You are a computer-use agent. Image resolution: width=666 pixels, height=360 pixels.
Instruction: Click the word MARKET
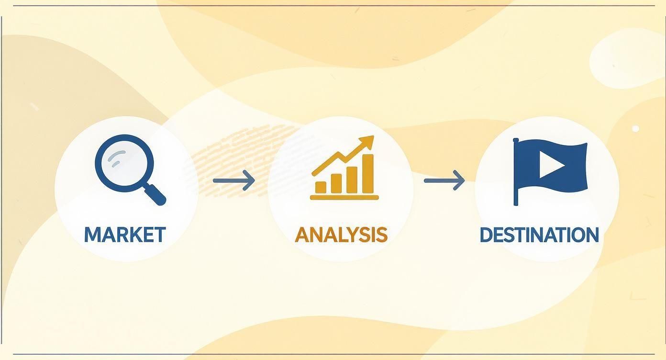pyautogui.click(x=125, y=235)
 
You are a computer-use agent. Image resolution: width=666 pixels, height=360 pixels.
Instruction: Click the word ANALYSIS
pyautogui.click(x=341, y=235)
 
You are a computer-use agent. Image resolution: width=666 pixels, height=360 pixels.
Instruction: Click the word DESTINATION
pyautogui.click(x=539, y=235)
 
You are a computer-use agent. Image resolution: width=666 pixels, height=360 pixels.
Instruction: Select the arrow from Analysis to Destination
pyautogui.click(x=444, y=180)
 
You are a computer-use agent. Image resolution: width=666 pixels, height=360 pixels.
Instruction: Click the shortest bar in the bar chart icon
pyautogui.click(x=321, y=187)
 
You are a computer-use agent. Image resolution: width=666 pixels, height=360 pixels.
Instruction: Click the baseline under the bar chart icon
pyautogui.click(x=344, y=197)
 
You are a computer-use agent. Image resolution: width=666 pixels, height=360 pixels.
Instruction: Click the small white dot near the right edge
pyautogui.click(x=635, y=128)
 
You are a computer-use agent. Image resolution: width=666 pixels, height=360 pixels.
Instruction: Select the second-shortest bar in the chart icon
pyautogui.click(x=336, y=183)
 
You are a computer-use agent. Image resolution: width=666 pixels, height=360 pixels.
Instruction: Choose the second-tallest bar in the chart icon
pyautogui.click(x=352, y=179)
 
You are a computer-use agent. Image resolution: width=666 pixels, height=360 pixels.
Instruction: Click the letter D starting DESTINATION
pyautogui.click(x=485, y=235)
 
